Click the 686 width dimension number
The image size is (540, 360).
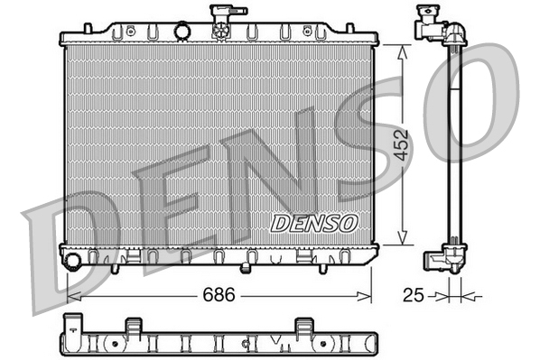pyautogui.click(x=212, y=294)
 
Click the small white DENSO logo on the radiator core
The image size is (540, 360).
pyautogui.click(x=315, y=222)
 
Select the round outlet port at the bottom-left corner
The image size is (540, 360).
pyautogui.click(x=72, y=261)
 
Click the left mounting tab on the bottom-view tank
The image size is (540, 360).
pyautogui.click(x=133, y=325)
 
